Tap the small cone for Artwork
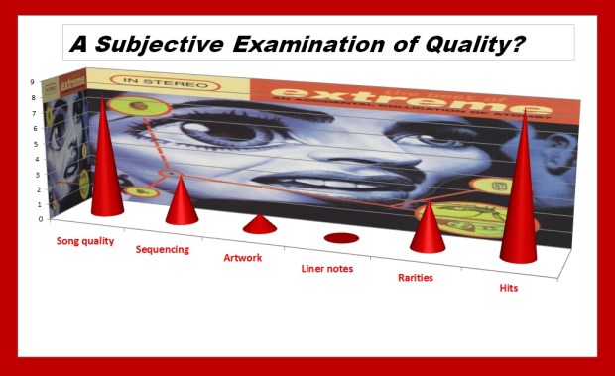pos(259,225)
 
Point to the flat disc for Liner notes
pos(340,238)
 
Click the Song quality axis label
pos(84,241)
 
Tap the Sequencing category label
pos(162,249)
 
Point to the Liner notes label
pos(327,268)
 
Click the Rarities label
pos(416,278)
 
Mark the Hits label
pos(508,288)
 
